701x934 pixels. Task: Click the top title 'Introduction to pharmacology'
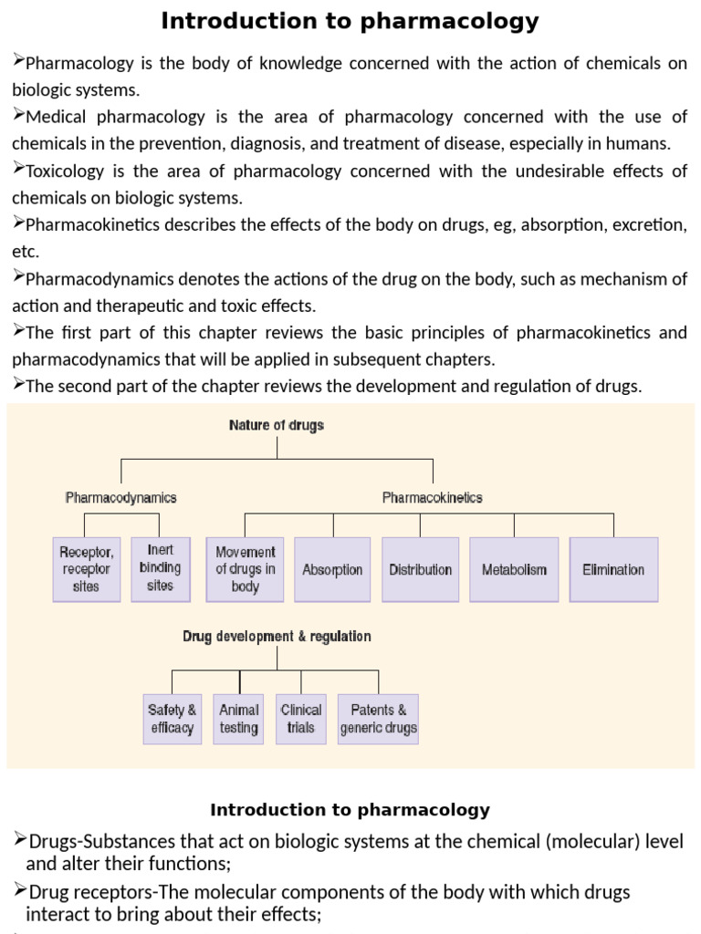[350, 21]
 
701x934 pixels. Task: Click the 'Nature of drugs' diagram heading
[276, 425]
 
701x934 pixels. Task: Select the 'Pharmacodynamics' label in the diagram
[120, 498]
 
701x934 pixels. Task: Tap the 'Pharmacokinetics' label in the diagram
[432, 498]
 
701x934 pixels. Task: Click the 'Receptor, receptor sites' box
[87, 569]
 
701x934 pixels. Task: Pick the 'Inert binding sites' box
[160, 568]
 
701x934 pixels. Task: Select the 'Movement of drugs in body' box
[245, 569]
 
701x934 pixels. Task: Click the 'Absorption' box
[332, 569]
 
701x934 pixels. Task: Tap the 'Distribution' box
[420, 569]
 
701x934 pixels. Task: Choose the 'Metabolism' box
[514, 569]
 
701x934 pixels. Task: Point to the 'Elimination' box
[613, 569]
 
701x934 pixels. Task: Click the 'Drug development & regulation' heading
[277, 636]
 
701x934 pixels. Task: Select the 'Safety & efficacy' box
[172, 719]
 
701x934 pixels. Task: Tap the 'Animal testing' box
[239, 719]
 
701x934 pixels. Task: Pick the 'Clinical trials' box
[301, 719]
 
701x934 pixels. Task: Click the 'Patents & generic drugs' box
[378, 719]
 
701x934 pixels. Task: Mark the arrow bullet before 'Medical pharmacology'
[18, 115]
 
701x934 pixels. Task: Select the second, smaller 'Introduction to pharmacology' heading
[350, 810]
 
